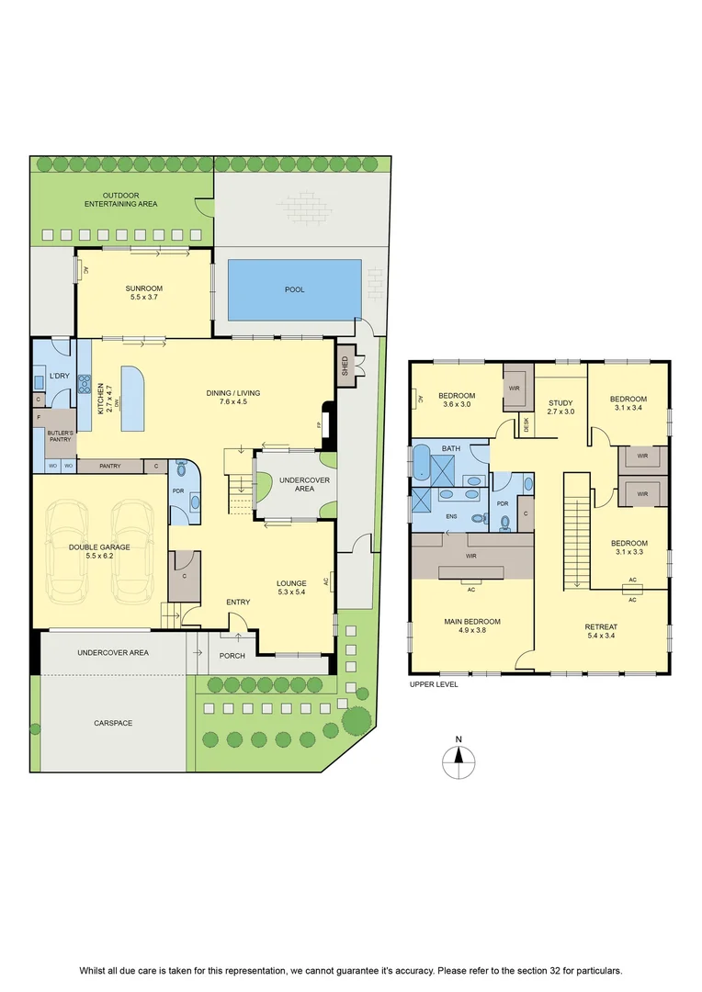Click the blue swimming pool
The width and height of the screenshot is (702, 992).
[x=294, y=289]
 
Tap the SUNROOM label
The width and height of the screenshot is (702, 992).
[x=143, y=288]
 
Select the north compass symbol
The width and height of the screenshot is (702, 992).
[x=459, y=759]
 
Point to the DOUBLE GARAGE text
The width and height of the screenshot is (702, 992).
[x=99, y=547]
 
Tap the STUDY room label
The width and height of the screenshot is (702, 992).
[x=560, y=403]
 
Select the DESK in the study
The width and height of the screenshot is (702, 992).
[x=526, y=426]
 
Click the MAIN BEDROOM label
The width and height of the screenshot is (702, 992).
[x=472, y=622]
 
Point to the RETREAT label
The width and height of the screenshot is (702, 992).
[x=601, y=627]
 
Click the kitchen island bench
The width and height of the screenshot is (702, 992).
[x=133, y=399]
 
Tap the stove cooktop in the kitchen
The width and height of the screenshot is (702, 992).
[x=85, y=385]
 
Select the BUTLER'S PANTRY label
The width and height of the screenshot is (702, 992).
[x=61, y=436]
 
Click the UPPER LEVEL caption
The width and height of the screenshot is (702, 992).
[x=434, y=684]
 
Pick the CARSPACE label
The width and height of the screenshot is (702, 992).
[x=113, y=723]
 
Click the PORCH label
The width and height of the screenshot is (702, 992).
[x=232, y=656]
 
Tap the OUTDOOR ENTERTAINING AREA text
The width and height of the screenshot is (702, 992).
[x=121, y=200]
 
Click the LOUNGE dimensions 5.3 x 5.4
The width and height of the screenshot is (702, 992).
[x=291, y=592]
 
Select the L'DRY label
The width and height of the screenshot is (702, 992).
[x=60, y=376]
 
